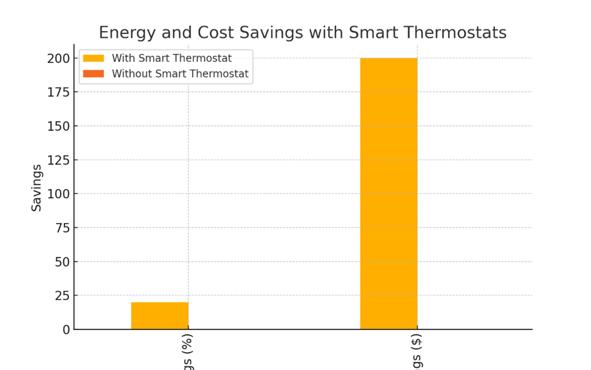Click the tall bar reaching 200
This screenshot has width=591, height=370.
pyautogui.click(x=388, y=194)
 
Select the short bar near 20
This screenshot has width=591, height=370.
pyautogui.click(x=159, y=316)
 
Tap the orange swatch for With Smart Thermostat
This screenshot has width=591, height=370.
pyautogui.click(x=94, y=58)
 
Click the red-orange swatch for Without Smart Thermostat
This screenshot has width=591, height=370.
pyautogui.click(x=94, y=74)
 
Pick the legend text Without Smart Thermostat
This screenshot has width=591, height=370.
pyautogui.click(x=180, y=74)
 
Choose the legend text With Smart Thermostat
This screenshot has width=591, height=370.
pyautogui.click(x=172, y=58)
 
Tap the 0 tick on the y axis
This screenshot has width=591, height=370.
pyautogui.click(x=67, y=330)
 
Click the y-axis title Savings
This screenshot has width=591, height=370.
pyautogui.click(x=37, y=188)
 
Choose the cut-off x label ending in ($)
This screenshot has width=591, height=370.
pyautogui.click(x=417, y=352)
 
